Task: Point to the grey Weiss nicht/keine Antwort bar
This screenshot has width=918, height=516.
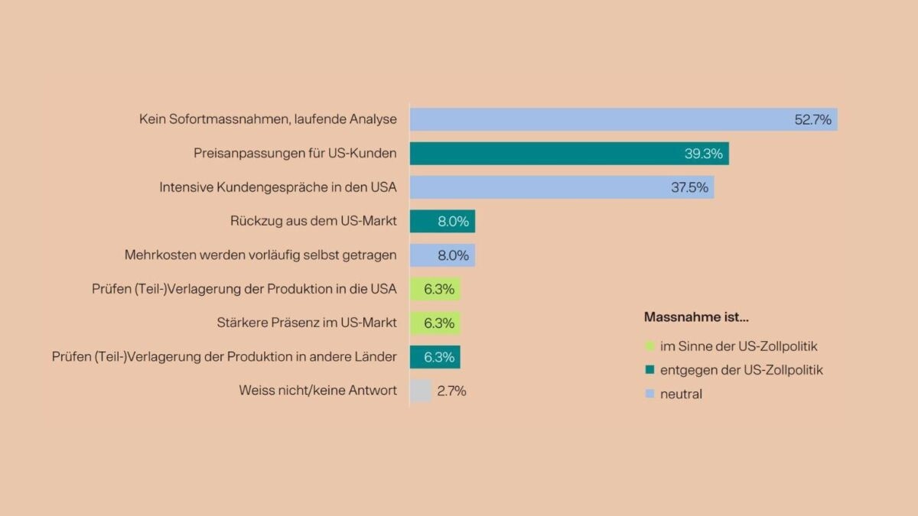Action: tap(421, 391)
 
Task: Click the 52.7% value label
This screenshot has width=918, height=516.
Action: tap(812, 119)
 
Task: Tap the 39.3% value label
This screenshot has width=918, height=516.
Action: tap(703, 154)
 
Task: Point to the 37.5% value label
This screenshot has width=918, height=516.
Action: tap(689, 187)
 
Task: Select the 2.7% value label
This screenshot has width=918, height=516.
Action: tap(451, 391)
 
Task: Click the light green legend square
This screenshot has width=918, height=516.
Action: tap(650, 346)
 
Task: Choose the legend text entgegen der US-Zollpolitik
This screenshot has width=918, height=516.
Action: tap(741, 370)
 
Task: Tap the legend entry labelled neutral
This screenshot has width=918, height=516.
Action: tap(681, 394)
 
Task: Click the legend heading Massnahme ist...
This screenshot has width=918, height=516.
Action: tap(696, 316)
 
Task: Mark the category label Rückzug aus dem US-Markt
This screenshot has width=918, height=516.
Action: tap(313, 221)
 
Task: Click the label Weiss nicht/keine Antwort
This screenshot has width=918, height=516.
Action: tap(317, 391)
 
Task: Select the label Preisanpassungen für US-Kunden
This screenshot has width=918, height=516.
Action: tap(295, 154)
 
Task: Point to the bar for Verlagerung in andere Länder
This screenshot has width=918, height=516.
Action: tap(435, 357)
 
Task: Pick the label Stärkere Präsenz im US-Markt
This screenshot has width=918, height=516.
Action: tap(307, 323)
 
